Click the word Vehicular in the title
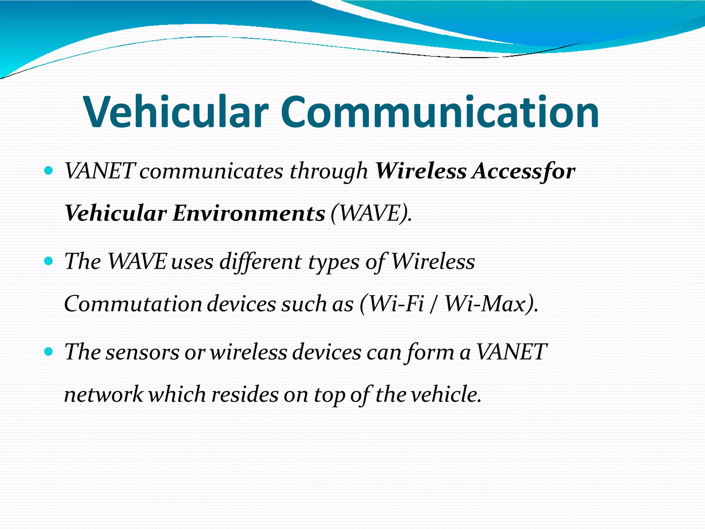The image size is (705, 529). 176,112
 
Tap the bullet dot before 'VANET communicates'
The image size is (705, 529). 49,170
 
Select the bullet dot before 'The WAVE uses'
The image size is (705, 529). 49,261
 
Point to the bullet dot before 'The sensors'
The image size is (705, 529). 49,351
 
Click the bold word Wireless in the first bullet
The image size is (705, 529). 421,171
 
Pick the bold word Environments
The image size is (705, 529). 249,213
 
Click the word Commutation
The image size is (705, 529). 133,304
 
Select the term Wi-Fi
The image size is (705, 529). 396,304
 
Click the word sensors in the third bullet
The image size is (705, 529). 142,352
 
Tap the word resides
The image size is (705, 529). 245,394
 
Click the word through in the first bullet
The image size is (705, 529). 328,172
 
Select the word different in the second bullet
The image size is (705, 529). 261,261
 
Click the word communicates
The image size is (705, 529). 211,171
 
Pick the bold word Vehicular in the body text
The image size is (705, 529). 116,213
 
